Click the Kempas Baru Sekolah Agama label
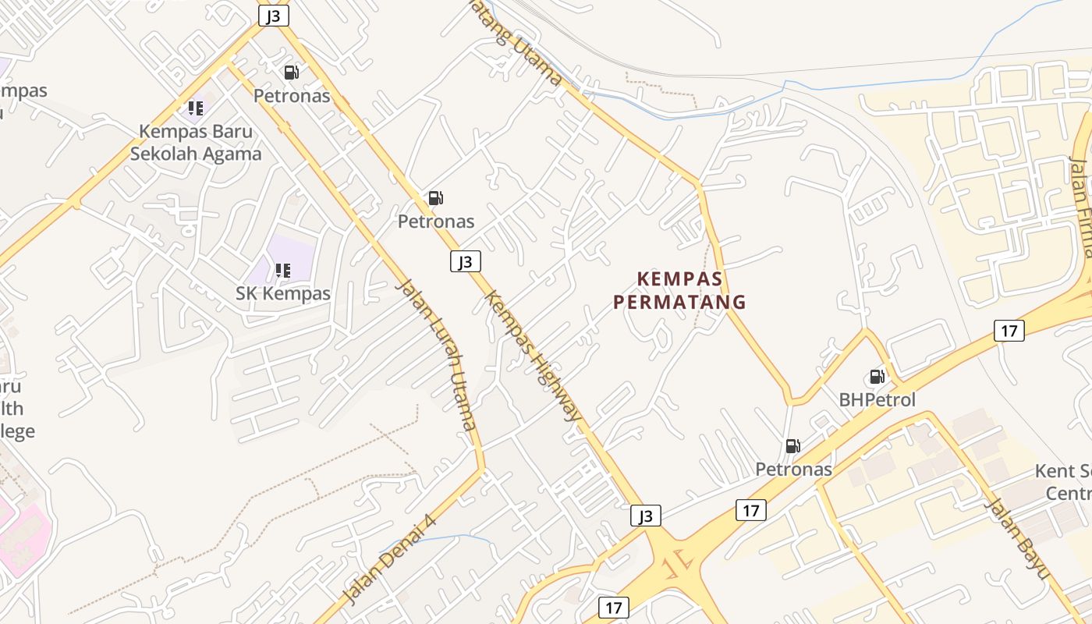pyautogui.click(x=196, y=142)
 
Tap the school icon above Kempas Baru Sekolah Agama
pyautogui.click(x=195, y=108)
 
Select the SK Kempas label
pyautogui.click(x=283, y=293)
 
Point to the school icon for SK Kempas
pyautogui.click(x=282, y=271)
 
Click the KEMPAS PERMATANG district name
pyautogui.click(x=679, y=290)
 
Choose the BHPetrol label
pyautogui.click(x=877, y=399)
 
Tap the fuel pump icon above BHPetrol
pyautogui.click(x=877, y=377)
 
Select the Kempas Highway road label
pyautogui.click(x=533, y=355)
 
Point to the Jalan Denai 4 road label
pyautogui.click(x=388, y=558)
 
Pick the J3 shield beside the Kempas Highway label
pyautogui.click(x=465, y=261)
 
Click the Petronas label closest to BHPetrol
pyautogui.click(x=793, y=469)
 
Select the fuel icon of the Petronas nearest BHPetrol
pyautogui.click(x=792, y=446)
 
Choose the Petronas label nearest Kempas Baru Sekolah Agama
pyautogui.click(x=292, y=96)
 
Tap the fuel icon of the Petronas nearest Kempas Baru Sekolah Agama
pyautogui.click(x=291, y=73)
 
